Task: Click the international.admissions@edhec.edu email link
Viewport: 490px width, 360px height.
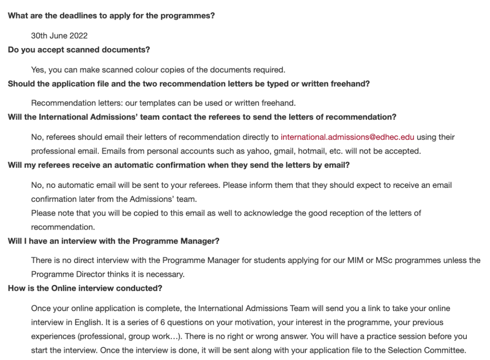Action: tap(347, 137)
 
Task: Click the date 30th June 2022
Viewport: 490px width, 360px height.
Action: tap(59, 36)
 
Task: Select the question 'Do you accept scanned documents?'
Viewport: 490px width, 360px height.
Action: tap(79, 50)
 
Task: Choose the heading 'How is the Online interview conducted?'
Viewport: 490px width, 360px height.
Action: tap(85, 288)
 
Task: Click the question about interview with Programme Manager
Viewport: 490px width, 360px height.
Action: tap(113, 241)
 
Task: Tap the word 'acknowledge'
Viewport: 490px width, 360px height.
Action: tap(269, 213)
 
